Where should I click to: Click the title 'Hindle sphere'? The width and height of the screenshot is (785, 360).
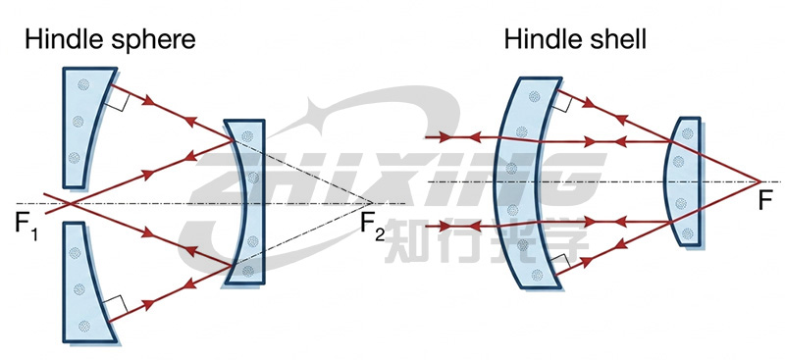click(x=110, y=39)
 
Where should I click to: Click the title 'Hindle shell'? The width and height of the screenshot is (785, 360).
click(x=575, y=39)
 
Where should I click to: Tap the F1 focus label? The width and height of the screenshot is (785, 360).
click(x=26, y=228)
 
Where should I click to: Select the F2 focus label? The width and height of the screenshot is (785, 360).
click(x=373, y=228)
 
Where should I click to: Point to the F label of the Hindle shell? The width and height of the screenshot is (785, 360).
click(x=764, y=201)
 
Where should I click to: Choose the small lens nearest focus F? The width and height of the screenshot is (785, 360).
click(x=682, y=181)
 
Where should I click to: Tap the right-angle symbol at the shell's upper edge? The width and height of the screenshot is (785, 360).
click(x=562, y=103)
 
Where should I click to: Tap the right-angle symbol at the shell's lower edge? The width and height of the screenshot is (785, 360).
click(x=560, y=263)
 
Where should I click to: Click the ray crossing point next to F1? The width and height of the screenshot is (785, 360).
click(x=70, y=203)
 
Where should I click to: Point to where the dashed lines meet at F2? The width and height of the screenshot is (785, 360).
click(x=372, y=203)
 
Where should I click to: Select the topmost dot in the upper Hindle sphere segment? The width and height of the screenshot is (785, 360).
click(x=83, y=85)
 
